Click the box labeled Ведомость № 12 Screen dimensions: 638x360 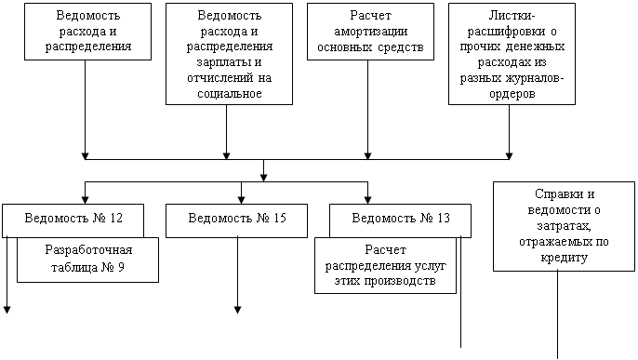(x=73, y=220)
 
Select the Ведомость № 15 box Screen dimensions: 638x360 (x=236, y=220)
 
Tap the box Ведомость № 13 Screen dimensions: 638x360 (x=400, y=220)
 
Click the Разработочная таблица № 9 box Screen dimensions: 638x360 (x=87, y=260)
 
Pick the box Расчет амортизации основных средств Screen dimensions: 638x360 (x=370, y=32)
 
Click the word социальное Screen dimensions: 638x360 (x=230, y=94)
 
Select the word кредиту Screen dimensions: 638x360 (x=564, y=258)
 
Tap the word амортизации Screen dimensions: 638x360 (x=371, y=32)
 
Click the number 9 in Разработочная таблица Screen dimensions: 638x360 (x=121, y=267)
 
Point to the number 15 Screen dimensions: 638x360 (x=280, y=218)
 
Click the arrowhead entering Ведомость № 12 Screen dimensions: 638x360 (x=85, y=200)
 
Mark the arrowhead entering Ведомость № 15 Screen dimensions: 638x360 (x=241, y=200)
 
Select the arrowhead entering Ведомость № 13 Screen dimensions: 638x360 (x=368, y=200)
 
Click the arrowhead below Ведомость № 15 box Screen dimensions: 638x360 (x=238, y=310)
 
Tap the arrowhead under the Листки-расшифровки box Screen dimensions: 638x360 (x=509, y=155)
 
